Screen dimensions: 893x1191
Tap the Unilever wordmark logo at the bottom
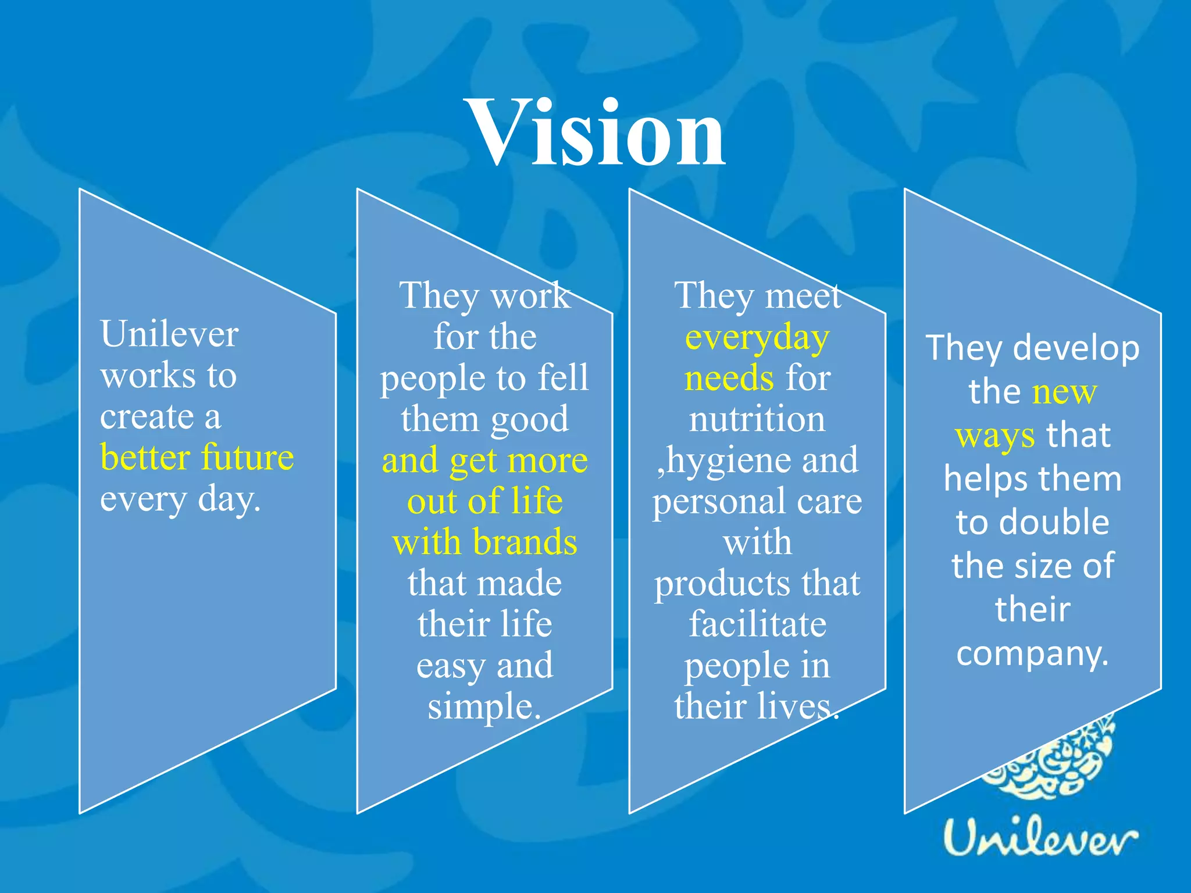point(1040,839)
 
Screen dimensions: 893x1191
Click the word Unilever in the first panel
point(169,334)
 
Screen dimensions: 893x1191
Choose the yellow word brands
point(525,542)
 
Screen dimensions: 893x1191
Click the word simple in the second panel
point(484,706)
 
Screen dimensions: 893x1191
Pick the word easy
point(451,666)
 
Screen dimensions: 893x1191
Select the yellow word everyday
point(757,338)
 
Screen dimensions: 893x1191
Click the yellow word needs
point(729,378)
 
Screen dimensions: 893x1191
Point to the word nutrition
point(757,419)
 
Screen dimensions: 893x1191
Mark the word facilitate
point(757,624)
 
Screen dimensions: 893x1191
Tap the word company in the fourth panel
point(1032,654)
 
